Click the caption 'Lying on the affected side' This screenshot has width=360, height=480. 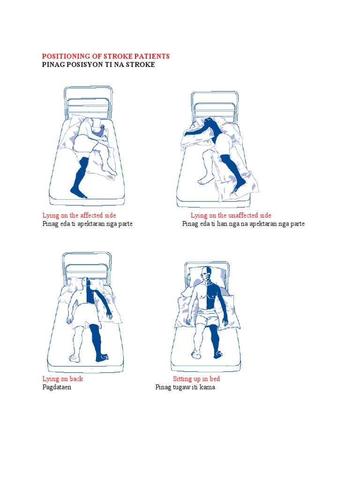click(79, 215)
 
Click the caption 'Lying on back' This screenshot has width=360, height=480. click(63, 379)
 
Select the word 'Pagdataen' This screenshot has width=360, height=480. click(57, 387)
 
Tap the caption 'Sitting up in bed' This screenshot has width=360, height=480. click(196, 379)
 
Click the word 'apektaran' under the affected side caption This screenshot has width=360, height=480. click(91, 224)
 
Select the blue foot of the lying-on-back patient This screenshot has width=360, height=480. click(102, 357)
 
